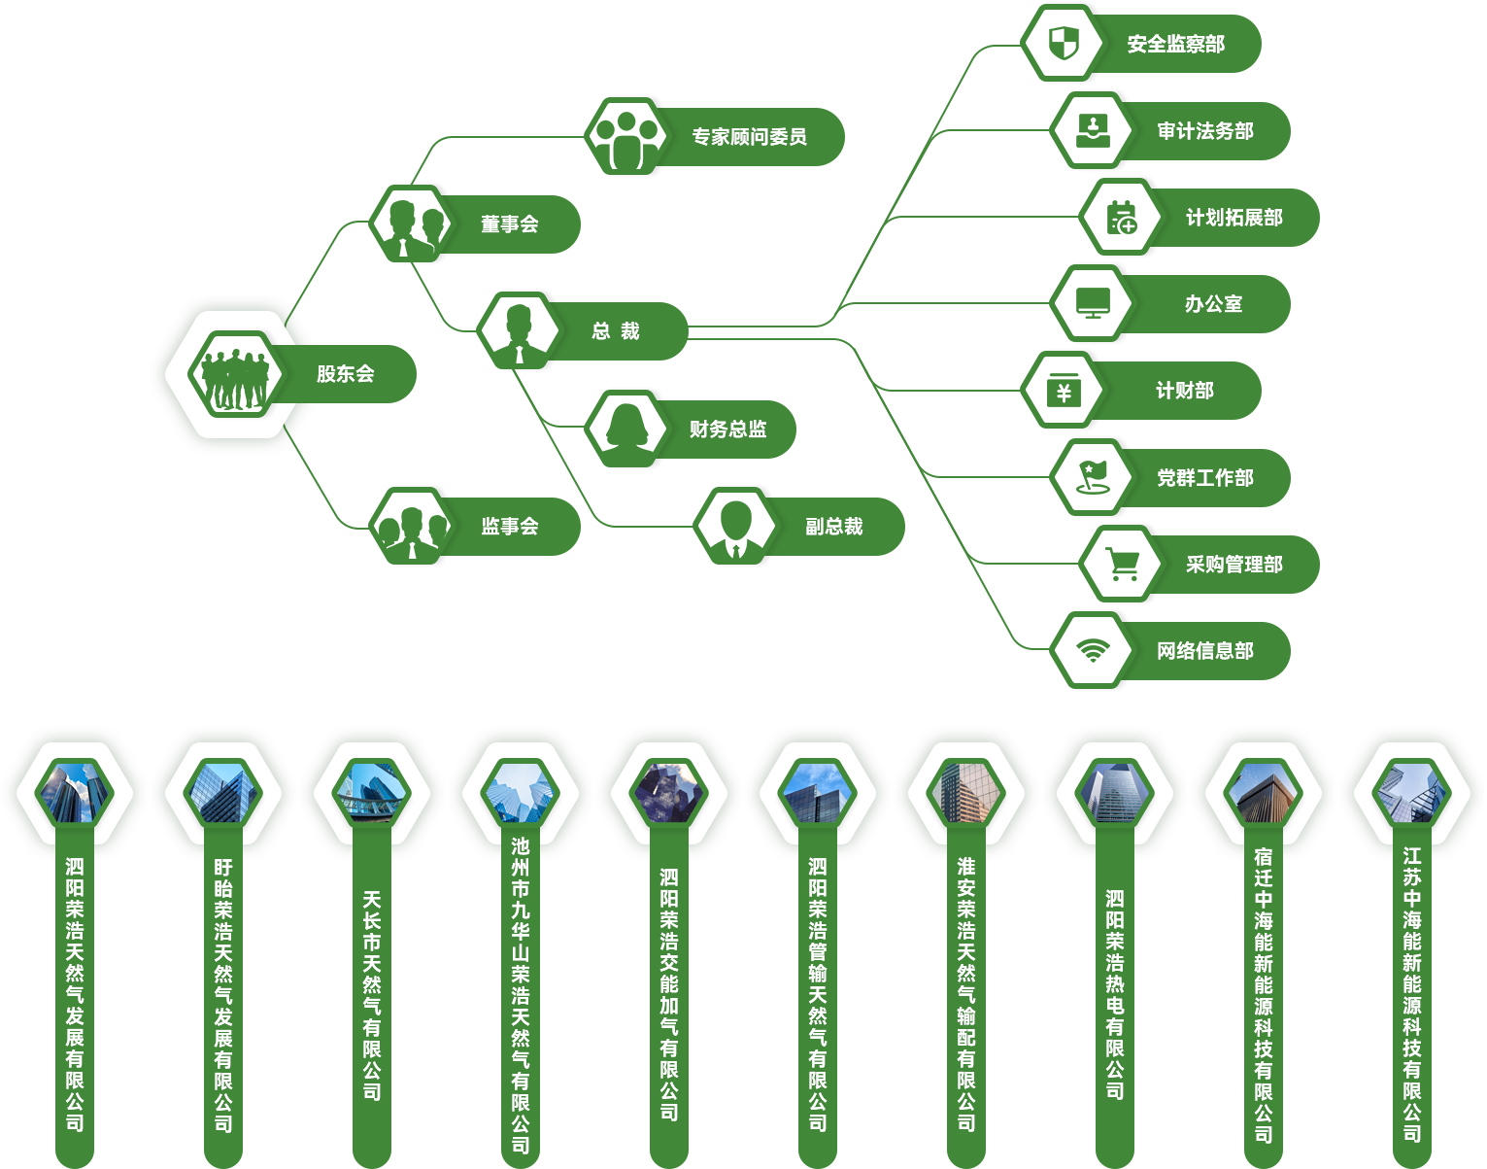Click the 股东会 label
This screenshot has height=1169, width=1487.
(345, 373)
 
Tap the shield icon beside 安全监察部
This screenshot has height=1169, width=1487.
(1064, 43)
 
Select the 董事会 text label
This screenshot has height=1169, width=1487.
(509, 223)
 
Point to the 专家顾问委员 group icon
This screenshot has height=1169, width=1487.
(625, 136)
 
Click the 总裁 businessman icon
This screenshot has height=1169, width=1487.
(518, 330)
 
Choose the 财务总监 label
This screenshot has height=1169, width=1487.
(727, 429)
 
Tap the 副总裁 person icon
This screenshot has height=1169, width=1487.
(735, 526)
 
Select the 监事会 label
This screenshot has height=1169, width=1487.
(509, 526)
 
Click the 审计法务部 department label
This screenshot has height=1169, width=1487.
(1204, 130)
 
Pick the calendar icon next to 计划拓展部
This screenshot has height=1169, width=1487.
(1122, 217)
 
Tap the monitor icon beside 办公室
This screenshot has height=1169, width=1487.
(1093, 303)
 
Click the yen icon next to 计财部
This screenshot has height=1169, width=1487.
(1064, 391)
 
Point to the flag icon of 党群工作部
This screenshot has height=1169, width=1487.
(1093, 477)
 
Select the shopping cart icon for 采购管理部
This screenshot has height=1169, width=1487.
(1122, 564)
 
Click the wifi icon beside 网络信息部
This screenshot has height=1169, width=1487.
(1093, 650)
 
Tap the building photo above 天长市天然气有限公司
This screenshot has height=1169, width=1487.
(372, 793)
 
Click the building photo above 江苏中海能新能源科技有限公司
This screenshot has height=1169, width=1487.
(1412, 793)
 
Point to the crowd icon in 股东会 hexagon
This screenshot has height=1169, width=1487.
(233, 374)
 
